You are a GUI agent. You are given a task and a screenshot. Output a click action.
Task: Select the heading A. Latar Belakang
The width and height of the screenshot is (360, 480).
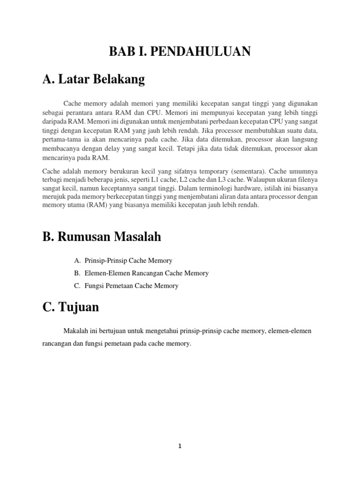pos(93,80)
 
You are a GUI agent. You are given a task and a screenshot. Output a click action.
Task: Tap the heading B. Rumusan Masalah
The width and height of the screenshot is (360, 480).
pos(101,237)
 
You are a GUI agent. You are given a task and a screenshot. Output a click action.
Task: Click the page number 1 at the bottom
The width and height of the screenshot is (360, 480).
pos(180,447)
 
